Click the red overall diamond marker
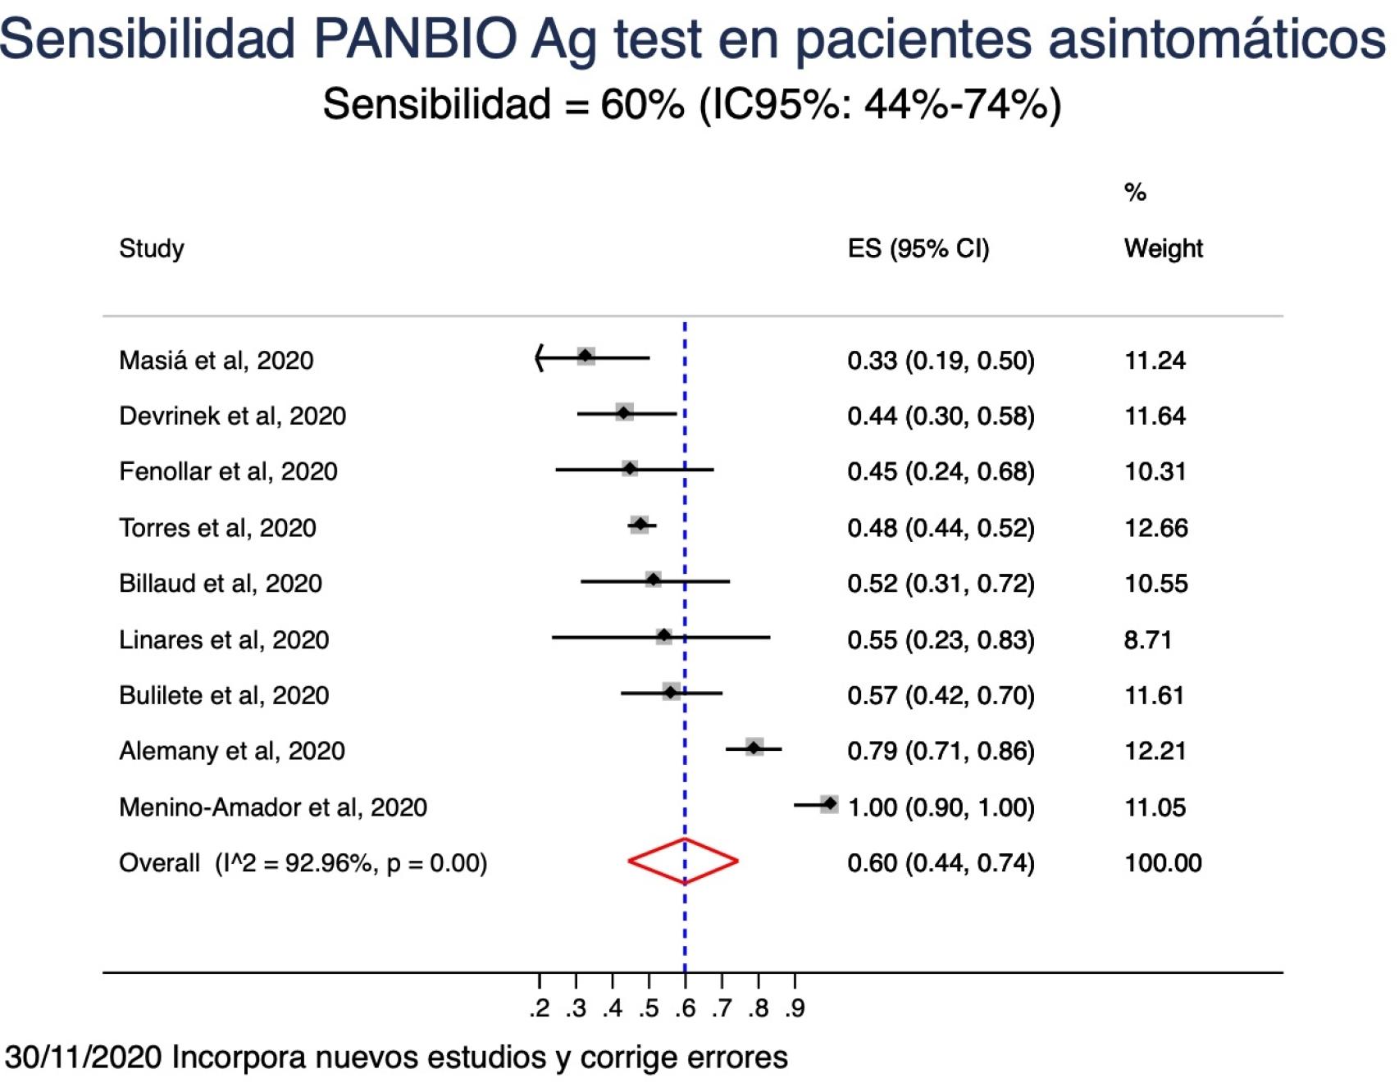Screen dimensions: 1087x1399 coord(683,861)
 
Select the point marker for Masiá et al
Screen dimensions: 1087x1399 coord(586,356)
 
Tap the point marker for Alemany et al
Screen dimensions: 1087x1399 coord(754,747)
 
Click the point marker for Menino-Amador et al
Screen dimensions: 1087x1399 coord(829,804)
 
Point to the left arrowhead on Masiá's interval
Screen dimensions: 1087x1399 coord(539,357)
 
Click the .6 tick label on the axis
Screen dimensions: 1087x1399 coord(686,1008)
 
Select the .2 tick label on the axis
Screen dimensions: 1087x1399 coord(540,1008)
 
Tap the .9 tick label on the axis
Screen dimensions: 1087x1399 coord(795,1008)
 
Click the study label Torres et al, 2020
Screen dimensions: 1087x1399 coord(217,527)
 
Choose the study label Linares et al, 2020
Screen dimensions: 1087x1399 coord(224,639)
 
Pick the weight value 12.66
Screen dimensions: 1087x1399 coord(1155,527)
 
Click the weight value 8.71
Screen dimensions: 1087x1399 coord(1147,639)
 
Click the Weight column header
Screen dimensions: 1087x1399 coord(1163,248)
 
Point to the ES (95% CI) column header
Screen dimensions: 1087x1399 coord(918,248)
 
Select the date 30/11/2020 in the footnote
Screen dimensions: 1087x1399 coord(83,1057)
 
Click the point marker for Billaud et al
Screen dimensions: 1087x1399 coord(653,580)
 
